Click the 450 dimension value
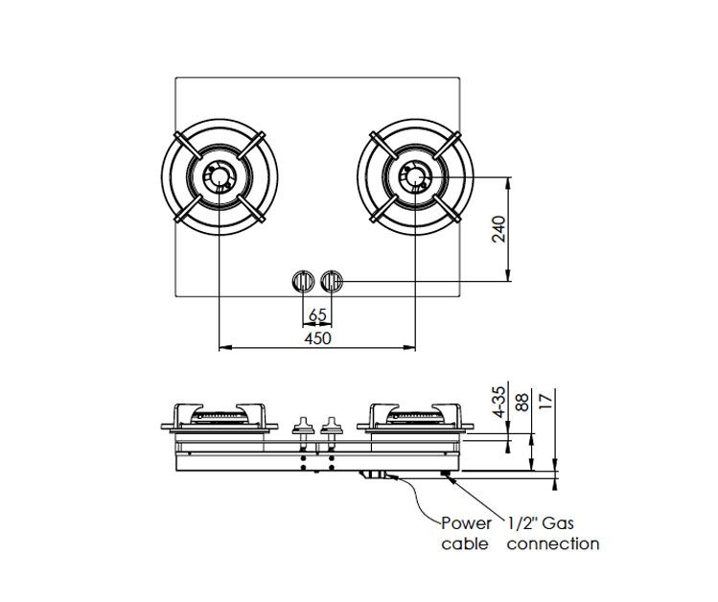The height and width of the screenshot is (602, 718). tap(317, 338)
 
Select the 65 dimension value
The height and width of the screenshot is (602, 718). tap(318, 314)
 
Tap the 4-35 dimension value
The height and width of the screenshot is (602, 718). tap(498, 403)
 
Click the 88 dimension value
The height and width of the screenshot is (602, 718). tap(523, 403)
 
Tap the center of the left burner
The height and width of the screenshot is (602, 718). tap(220, 178)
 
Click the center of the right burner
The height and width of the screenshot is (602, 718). tap(414, 178)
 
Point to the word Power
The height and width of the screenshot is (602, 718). tap(466, 523)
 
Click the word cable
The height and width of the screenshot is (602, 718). tap(465, 544)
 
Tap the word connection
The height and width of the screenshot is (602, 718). tap(553, 544)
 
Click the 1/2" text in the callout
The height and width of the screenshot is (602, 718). tap(522, 523)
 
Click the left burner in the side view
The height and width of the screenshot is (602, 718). tap(220, 416)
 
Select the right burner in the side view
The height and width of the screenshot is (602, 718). tap(414, 416)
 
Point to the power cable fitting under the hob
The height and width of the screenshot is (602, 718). tap(374, 475)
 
